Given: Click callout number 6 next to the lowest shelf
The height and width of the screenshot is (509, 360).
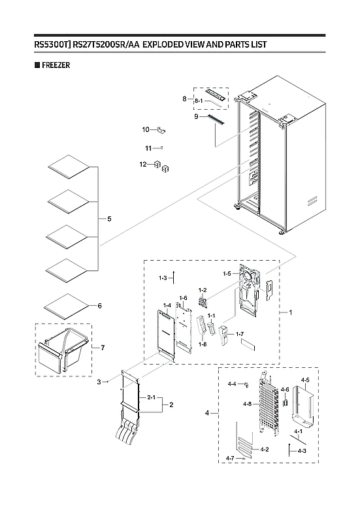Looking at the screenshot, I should tap(99, 306).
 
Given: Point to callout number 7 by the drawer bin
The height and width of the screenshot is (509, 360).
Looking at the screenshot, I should tap(101, 348).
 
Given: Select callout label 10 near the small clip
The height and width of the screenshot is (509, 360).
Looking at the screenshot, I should tap(146, 129).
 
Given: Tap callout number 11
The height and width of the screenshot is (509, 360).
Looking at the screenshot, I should tap(148, 148).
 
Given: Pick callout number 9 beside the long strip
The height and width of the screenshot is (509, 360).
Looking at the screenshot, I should tap(195, 116).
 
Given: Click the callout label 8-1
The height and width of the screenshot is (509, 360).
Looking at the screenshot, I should tap(197, 101).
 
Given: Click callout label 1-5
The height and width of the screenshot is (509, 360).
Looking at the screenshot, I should tap(227, 274).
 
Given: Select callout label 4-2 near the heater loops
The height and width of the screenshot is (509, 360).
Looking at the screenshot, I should tap(265, 450).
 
